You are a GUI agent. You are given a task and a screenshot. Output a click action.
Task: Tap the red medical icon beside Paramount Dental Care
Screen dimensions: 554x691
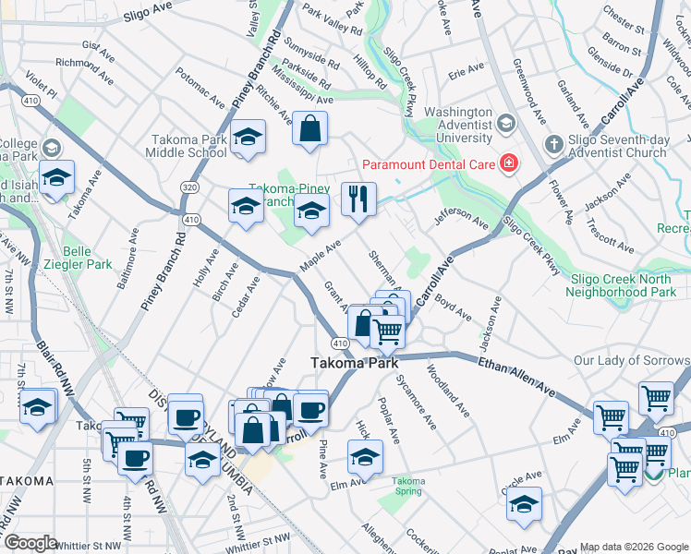pyautogui.click(x=507, y=164)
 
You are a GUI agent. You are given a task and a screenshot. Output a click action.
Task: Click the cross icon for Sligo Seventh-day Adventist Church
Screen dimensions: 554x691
pyautogui.click(x=553, y=144)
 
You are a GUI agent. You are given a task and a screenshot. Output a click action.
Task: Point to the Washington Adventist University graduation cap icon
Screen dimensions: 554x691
pyautogui.click(x=505, y=124)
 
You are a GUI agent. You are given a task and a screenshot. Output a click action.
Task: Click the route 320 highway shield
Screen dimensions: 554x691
pyautogui.click(x=189, y=187)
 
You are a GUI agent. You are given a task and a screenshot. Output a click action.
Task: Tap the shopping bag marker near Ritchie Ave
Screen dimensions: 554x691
pyautogui.click(x=310, y=129)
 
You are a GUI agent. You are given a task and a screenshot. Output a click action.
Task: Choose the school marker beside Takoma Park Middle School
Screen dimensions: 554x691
pyautogui.click(x=247, y=138)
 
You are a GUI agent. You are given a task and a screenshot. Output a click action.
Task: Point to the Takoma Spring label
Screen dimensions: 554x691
pyautogui.click(x=407, y=486)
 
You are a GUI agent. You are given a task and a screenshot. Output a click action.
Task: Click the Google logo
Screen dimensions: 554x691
pyautogui.click(x=30, y=543)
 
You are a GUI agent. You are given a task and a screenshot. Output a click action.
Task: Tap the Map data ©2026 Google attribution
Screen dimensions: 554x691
pyautogui.click(x=633, y=546)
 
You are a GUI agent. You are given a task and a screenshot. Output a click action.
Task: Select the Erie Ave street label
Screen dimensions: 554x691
pyautogui.click(x=466, y=69)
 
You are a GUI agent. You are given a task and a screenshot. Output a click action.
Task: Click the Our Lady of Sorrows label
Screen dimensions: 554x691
pyautogui.click(x=631, y=360)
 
